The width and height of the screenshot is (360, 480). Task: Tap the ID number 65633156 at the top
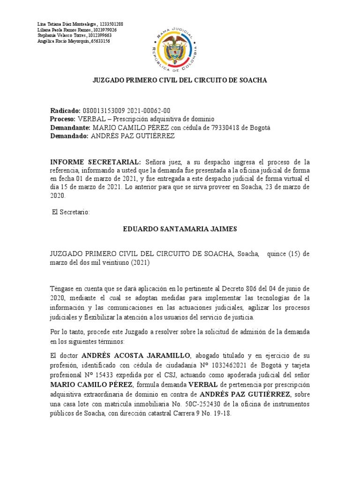(100, 41)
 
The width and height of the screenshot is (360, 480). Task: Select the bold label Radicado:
(66, 111)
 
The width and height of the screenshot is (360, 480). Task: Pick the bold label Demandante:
(70, 127)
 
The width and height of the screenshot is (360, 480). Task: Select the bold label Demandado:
(69, 136)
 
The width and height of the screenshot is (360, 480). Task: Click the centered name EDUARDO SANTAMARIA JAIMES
(180, 229)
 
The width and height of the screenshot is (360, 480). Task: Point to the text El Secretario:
(70, 212)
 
